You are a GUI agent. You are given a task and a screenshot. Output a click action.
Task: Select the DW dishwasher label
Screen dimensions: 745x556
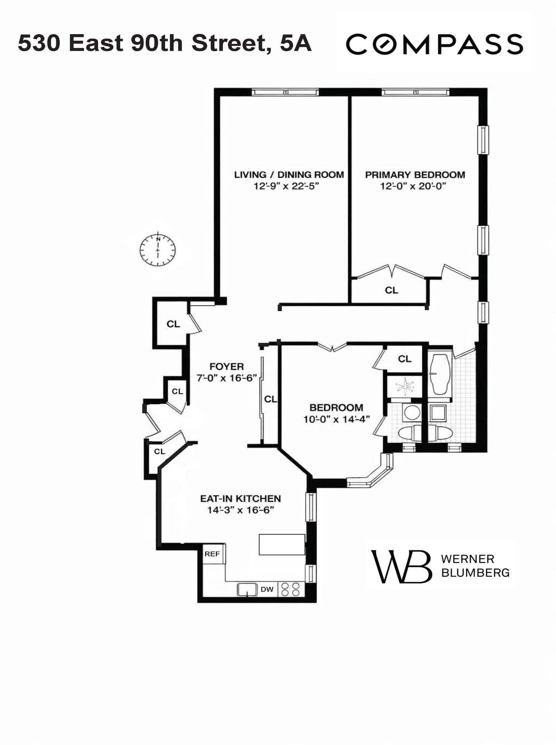click(267, 589)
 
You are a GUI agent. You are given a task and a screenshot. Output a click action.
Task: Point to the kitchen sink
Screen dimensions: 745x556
click(247, 589)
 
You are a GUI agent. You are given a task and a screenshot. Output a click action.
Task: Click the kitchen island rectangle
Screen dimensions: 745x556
click(282, 544)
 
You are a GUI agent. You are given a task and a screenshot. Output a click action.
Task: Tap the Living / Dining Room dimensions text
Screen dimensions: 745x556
click(286, 187)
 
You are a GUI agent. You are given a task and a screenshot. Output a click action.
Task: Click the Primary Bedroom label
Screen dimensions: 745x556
click(415, 175)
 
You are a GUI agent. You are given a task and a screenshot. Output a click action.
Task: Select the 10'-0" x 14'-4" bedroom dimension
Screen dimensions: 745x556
click(337, 419)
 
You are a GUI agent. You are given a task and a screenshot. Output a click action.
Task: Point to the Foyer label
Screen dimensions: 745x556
click(227, 366)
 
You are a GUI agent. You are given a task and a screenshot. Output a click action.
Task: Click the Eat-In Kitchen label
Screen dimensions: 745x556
click(240, 498)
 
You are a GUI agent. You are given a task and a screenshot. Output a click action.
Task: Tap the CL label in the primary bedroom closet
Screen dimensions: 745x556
click(391, 290)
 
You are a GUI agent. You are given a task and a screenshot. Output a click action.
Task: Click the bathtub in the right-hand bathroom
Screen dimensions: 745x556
click(440, 374)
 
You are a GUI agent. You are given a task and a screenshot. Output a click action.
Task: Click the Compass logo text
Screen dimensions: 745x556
click(434, 44)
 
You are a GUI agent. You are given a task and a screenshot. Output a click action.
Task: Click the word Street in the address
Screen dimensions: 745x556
click(229, 43)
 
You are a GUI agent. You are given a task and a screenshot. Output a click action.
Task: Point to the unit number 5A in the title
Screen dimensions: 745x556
click(296, 43)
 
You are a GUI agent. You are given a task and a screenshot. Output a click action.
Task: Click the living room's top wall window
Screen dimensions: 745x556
click(285, 92)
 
